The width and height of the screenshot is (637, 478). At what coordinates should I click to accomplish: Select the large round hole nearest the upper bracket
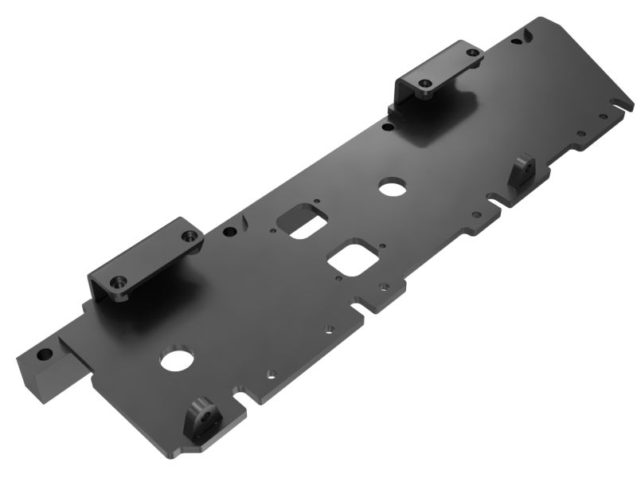(x=390, y=187)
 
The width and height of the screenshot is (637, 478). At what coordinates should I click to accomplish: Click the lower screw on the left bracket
(x=119, y=281)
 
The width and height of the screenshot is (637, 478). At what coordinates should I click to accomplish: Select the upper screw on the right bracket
(x=474, y=53)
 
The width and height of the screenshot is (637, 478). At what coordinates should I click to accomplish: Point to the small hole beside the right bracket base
(x=387, y=126)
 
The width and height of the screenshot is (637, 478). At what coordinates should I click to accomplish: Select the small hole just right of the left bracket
(x=229, y=232)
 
